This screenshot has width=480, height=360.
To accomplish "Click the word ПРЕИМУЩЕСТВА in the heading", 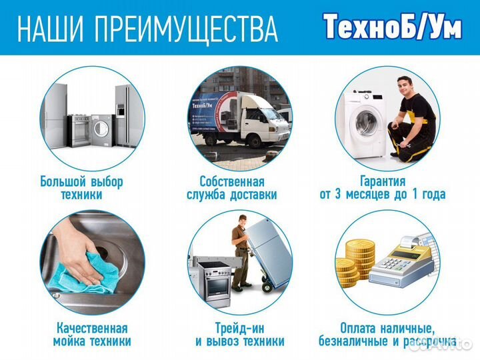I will click(x=187, y=29).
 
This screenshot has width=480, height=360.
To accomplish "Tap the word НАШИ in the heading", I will click(x=51, y=29).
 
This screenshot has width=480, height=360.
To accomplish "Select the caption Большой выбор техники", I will click(x=81, y=188).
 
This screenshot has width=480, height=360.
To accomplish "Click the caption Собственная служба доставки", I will click(x=231, y=188).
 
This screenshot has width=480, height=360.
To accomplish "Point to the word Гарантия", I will click(x=382, y=181).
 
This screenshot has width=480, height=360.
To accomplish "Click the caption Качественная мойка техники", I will click(x=91, y=335).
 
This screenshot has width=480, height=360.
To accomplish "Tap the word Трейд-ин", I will click(x=239, y=328).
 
